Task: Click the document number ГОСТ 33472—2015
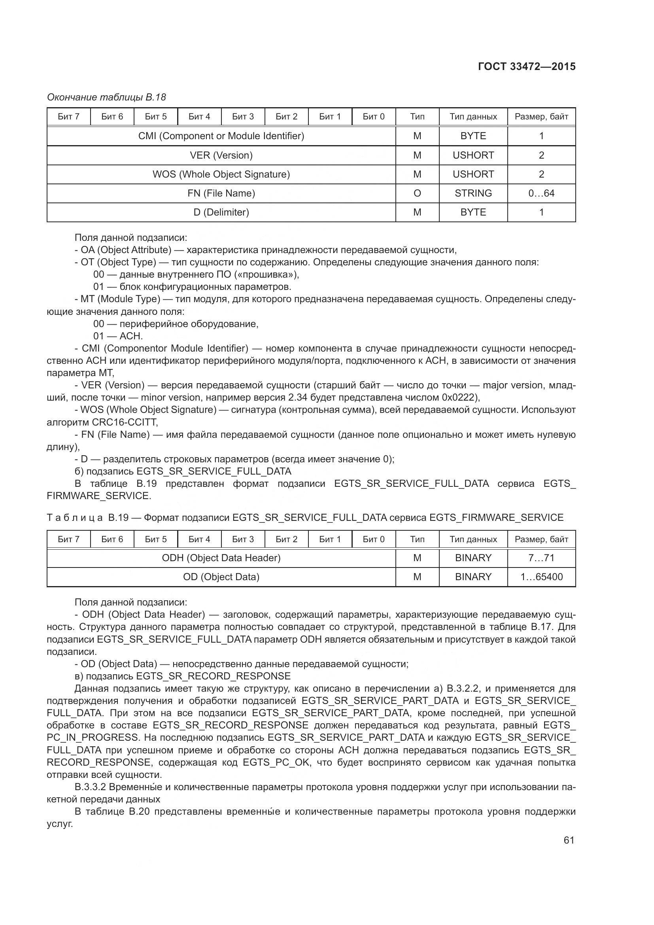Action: tap(526, 66)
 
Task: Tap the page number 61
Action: tap(569, 840)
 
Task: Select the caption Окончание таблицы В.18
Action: tap(106, 97)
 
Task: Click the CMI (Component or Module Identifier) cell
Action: tap(221, 136)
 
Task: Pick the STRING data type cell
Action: tap(473, 193)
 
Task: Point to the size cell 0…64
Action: tap(541, 193)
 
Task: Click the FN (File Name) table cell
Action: tap(221, 193)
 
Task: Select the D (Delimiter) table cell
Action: tap(221, 212)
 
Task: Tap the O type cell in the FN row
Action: tap(417, 193)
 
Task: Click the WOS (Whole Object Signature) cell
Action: tap(221, 174)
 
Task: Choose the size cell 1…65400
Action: tap(541, 577)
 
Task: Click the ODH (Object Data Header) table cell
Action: tap(221, 558)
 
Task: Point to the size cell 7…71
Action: tap(541, 558)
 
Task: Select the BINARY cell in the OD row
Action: tap(473, 577)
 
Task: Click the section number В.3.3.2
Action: tap(90, 787)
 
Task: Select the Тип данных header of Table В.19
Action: tap(473, 539)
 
